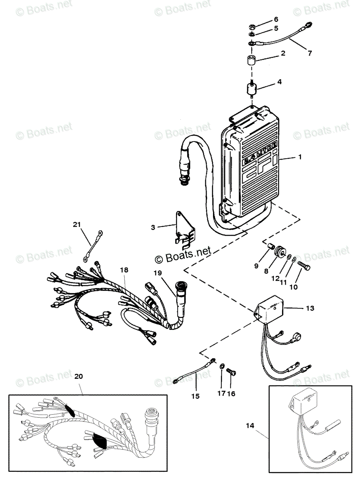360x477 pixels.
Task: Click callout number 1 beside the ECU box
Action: coord(300,157)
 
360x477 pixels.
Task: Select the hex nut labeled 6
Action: coord(252,27)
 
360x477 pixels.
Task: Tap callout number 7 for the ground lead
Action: coord(310,53)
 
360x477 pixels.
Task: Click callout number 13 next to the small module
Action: coord(310,308)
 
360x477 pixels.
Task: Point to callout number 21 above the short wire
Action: coord(76,225)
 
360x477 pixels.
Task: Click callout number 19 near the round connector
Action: coord(158,273)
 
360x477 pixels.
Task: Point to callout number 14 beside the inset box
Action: coord(250,425)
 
